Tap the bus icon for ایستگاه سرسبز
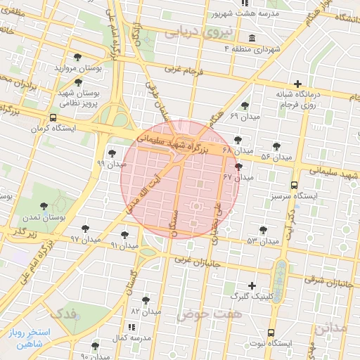point(292,186)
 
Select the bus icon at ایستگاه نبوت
point(271,333)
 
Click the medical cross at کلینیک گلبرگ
point(253,286)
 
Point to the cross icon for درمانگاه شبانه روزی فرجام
point(298,84)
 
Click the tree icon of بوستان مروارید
point(77,58)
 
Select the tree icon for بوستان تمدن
point(44,207)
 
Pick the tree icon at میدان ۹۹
point(112,153)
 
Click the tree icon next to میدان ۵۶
point(278,146)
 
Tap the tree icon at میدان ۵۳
point(263,230)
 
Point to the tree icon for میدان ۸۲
point(146,300)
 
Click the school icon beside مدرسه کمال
point(131,327)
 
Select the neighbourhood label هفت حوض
point(210,314)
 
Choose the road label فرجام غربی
point(184,70)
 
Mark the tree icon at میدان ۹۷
point(86,229)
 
